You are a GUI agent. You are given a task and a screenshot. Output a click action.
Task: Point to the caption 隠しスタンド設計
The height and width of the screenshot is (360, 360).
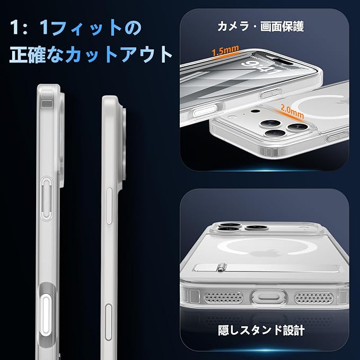pyautogui.click(x=262, y=330)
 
